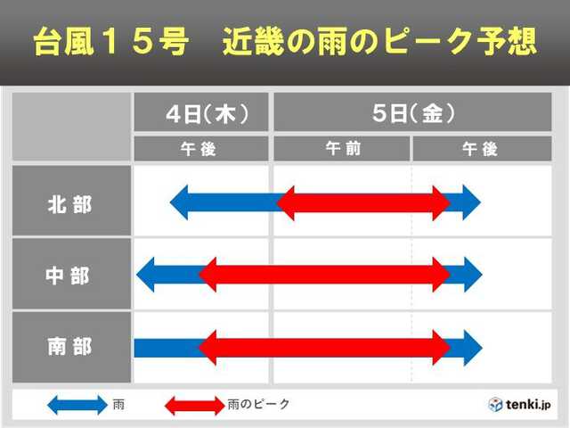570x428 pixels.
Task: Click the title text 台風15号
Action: [112, 43]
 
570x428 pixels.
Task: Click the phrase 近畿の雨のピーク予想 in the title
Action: [379, 43]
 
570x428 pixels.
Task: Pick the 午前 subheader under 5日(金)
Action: [343, 149]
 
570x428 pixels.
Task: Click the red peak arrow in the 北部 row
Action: [363, 203]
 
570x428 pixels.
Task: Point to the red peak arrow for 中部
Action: [325, 275]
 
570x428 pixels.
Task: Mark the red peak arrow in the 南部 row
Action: [325, 347]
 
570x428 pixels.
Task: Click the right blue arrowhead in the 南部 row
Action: [469, 347]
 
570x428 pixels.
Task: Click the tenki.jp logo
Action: [520, 404]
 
